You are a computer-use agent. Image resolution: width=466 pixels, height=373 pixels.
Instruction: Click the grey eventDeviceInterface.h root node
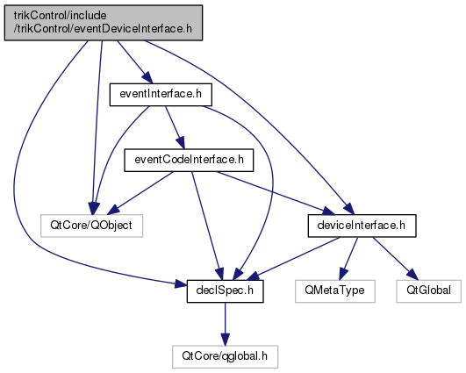[104, 23]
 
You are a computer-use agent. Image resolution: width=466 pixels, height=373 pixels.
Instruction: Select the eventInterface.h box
[161, 95]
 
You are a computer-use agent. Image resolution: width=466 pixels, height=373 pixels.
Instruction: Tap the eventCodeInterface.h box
[189, 161]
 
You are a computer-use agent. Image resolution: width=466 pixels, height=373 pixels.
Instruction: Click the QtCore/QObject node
[91, 226]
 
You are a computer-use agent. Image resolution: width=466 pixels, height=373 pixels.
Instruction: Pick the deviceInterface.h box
[362, 226]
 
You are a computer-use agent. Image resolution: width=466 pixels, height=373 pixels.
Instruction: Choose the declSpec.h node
[225, 291]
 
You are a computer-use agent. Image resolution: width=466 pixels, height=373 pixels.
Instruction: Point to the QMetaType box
[335, 291]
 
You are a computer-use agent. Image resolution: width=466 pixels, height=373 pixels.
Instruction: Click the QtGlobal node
[428, 291]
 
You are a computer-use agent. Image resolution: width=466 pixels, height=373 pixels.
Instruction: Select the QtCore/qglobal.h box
[225, 356]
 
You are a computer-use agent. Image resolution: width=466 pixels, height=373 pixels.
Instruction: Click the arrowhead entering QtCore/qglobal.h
[225, 340]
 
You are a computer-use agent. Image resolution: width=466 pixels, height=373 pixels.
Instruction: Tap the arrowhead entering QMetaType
[342, 275]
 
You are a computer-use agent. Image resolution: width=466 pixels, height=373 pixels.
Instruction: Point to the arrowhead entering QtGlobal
[412, 275]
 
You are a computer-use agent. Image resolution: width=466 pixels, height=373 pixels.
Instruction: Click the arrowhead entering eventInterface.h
[147, 78]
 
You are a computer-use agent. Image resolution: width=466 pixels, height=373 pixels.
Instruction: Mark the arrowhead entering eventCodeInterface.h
[182, 143]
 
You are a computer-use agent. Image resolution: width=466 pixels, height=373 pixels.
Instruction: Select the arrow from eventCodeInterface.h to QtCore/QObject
[140, 193]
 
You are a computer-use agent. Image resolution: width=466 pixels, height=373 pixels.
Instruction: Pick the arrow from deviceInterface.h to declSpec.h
[293, 259]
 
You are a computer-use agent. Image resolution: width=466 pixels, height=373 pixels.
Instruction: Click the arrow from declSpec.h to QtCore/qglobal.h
[225, 324]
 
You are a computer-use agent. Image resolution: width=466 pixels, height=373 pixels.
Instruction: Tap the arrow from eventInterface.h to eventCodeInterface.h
[175, 127]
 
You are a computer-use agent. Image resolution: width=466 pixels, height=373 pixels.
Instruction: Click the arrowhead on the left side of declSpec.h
[181, 284]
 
